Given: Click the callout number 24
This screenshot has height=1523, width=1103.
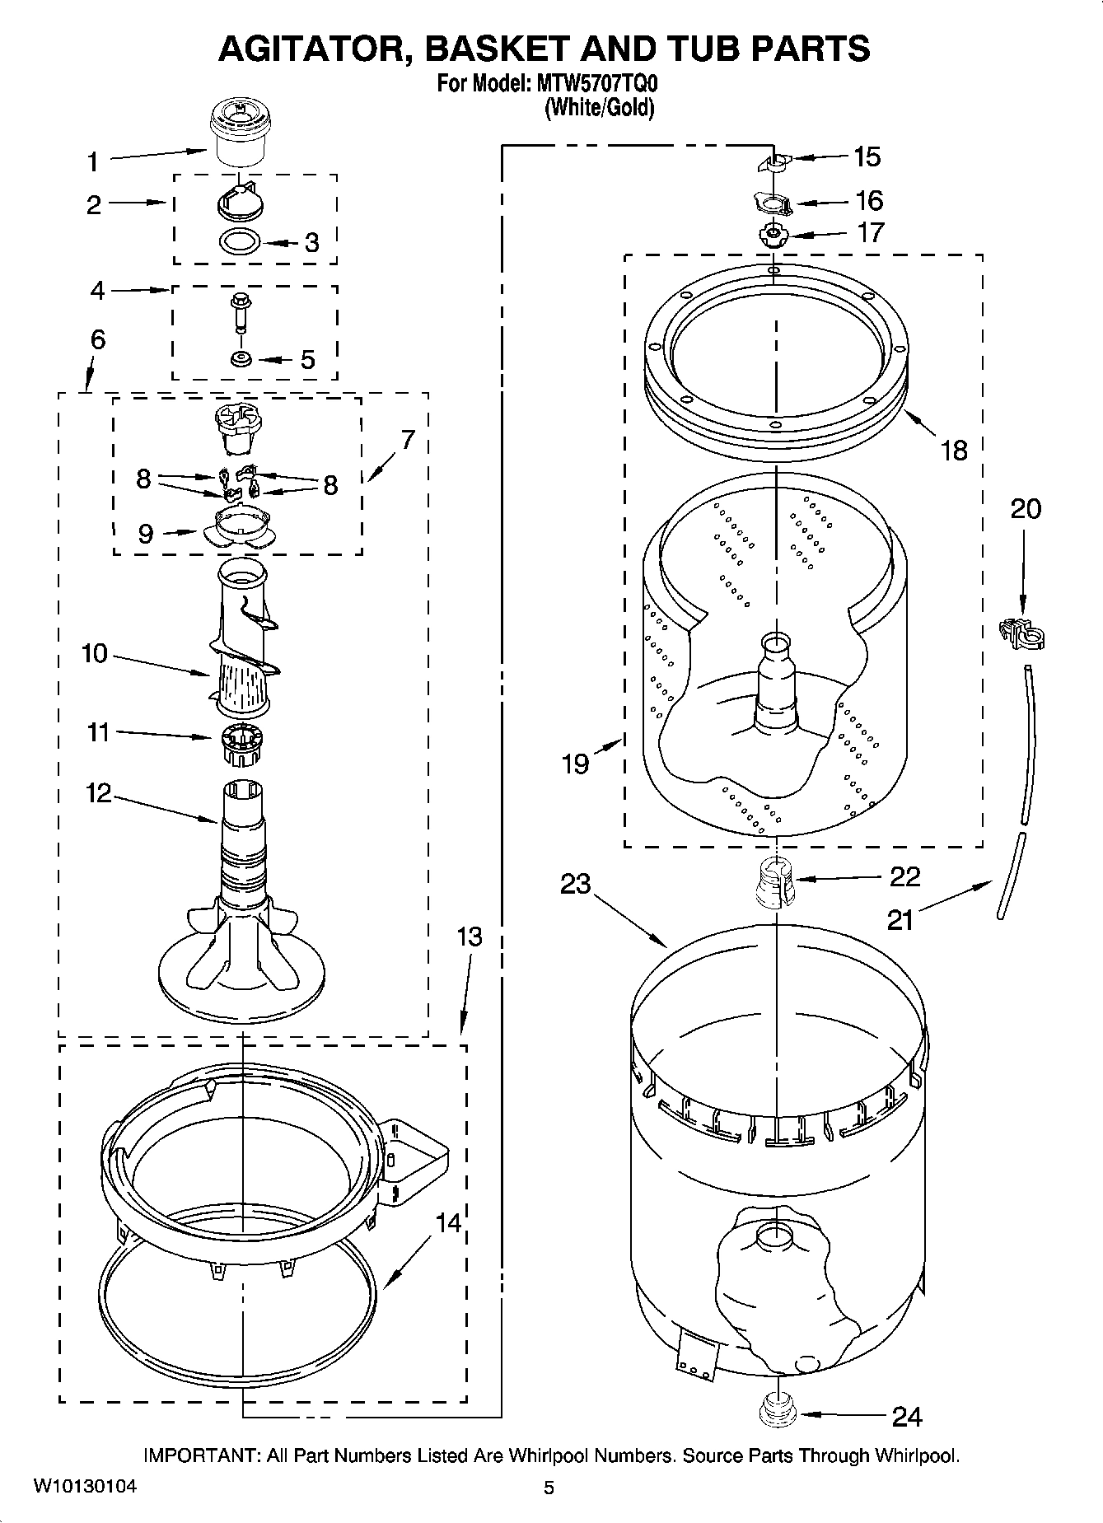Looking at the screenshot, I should point(907,1417).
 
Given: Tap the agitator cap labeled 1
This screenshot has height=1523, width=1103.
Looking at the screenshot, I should point(241,132).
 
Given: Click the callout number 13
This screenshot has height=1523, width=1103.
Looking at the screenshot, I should point(470,937).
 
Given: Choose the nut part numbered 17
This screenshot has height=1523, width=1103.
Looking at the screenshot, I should point(774,235).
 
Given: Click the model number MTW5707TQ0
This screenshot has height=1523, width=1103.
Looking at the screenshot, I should point(594,83).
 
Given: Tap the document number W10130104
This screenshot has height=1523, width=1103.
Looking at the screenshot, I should point(85,1487).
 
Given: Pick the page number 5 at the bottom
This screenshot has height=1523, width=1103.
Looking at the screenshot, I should point(549,1488).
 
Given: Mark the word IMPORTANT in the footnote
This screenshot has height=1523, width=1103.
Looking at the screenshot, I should point(202,1455).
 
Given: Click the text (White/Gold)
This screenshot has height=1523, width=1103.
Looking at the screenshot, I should point(599,108).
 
